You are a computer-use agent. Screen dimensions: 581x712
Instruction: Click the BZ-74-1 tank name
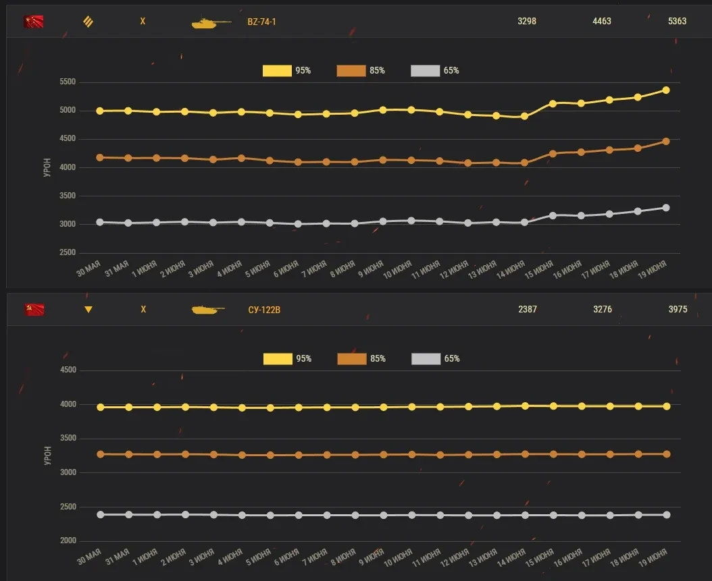[x=261, y=22]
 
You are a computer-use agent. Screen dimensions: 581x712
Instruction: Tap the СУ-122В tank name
[x=263, y=310]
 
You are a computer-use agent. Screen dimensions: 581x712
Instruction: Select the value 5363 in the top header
[x=677, y=22]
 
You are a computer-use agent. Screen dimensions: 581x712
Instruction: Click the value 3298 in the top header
[x=527, y=22]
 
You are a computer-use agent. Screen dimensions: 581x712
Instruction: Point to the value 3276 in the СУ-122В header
[x=603, y=310]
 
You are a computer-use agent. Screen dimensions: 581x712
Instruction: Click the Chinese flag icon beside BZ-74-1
[x=33, y=22]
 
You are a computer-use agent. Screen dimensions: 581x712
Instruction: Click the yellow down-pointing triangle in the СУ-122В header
[x=88, y=310]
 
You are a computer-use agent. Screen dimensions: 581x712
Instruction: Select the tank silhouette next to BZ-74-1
[x=211, y=23]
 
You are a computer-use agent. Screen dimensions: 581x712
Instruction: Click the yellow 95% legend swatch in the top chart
[x=277, y=71]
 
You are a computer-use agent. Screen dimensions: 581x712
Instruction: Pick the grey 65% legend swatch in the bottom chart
[x=426, y=359]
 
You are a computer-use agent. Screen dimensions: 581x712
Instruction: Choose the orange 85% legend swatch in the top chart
[x=351, y=71]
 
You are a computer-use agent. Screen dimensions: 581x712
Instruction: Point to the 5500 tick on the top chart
[x=68, y=82]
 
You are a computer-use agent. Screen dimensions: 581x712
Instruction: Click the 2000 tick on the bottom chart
[x=68, y=541]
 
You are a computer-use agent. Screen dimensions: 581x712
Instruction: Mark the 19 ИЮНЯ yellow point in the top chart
[x=666, y=90]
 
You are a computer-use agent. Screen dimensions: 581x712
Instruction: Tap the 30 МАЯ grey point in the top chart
[x=100, y=222]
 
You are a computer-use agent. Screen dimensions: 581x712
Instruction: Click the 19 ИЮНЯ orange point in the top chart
[x=666, y=141]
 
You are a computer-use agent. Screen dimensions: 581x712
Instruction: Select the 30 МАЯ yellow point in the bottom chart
[x=101, y=407]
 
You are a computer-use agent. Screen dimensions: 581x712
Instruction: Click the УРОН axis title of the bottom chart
[x=47, y=455]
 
